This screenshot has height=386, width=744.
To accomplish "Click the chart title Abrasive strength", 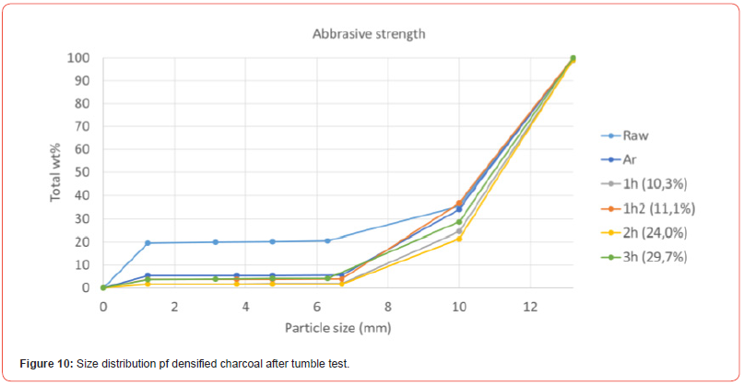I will point(368,35).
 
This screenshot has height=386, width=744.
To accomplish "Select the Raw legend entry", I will point(635,135).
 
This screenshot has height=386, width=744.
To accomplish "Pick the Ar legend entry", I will point(630,159).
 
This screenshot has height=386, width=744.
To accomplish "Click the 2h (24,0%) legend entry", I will point(654,232).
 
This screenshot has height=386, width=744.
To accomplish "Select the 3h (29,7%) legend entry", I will point(654,256).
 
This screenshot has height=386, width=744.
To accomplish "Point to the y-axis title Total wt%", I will point(57,171).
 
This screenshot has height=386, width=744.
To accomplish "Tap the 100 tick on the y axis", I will point(79,58).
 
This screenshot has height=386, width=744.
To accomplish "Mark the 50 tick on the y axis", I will point(82,173).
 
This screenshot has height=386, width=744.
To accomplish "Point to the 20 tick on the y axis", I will point(82,242).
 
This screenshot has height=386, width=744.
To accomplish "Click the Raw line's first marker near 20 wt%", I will point(148,243).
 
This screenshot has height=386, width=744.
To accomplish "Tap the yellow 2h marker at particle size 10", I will point(459,240).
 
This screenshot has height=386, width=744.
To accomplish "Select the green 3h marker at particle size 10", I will point(459,222).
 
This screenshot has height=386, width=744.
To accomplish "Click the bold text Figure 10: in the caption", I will point(46,365).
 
